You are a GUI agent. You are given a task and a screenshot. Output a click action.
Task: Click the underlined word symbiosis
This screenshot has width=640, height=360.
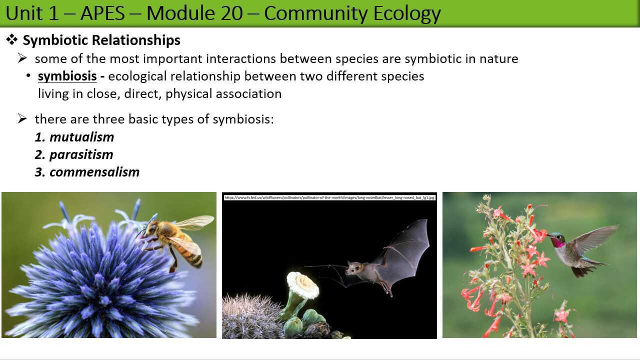pos(67,76)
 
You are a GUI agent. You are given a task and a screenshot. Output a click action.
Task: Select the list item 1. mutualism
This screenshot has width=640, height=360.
pos(74,137)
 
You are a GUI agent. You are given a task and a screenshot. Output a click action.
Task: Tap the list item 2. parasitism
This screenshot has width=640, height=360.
pos(74,154)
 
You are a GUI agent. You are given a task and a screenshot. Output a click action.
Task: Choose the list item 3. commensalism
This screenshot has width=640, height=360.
pos(87,172)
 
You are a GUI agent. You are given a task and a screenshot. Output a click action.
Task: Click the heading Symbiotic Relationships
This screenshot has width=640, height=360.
pos(101,40)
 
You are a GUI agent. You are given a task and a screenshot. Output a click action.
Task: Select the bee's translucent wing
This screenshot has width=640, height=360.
pos(195,222)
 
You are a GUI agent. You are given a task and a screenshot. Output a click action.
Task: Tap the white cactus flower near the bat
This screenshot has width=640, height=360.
pos(302,285)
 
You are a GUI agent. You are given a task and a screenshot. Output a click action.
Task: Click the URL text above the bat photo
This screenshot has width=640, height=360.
pos(329,197)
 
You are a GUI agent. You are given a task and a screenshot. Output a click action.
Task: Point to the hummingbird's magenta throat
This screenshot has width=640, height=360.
pos(558,242)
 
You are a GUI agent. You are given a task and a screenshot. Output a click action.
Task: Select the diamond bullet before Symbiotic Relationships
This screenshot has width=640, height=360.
pos(12,40)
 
